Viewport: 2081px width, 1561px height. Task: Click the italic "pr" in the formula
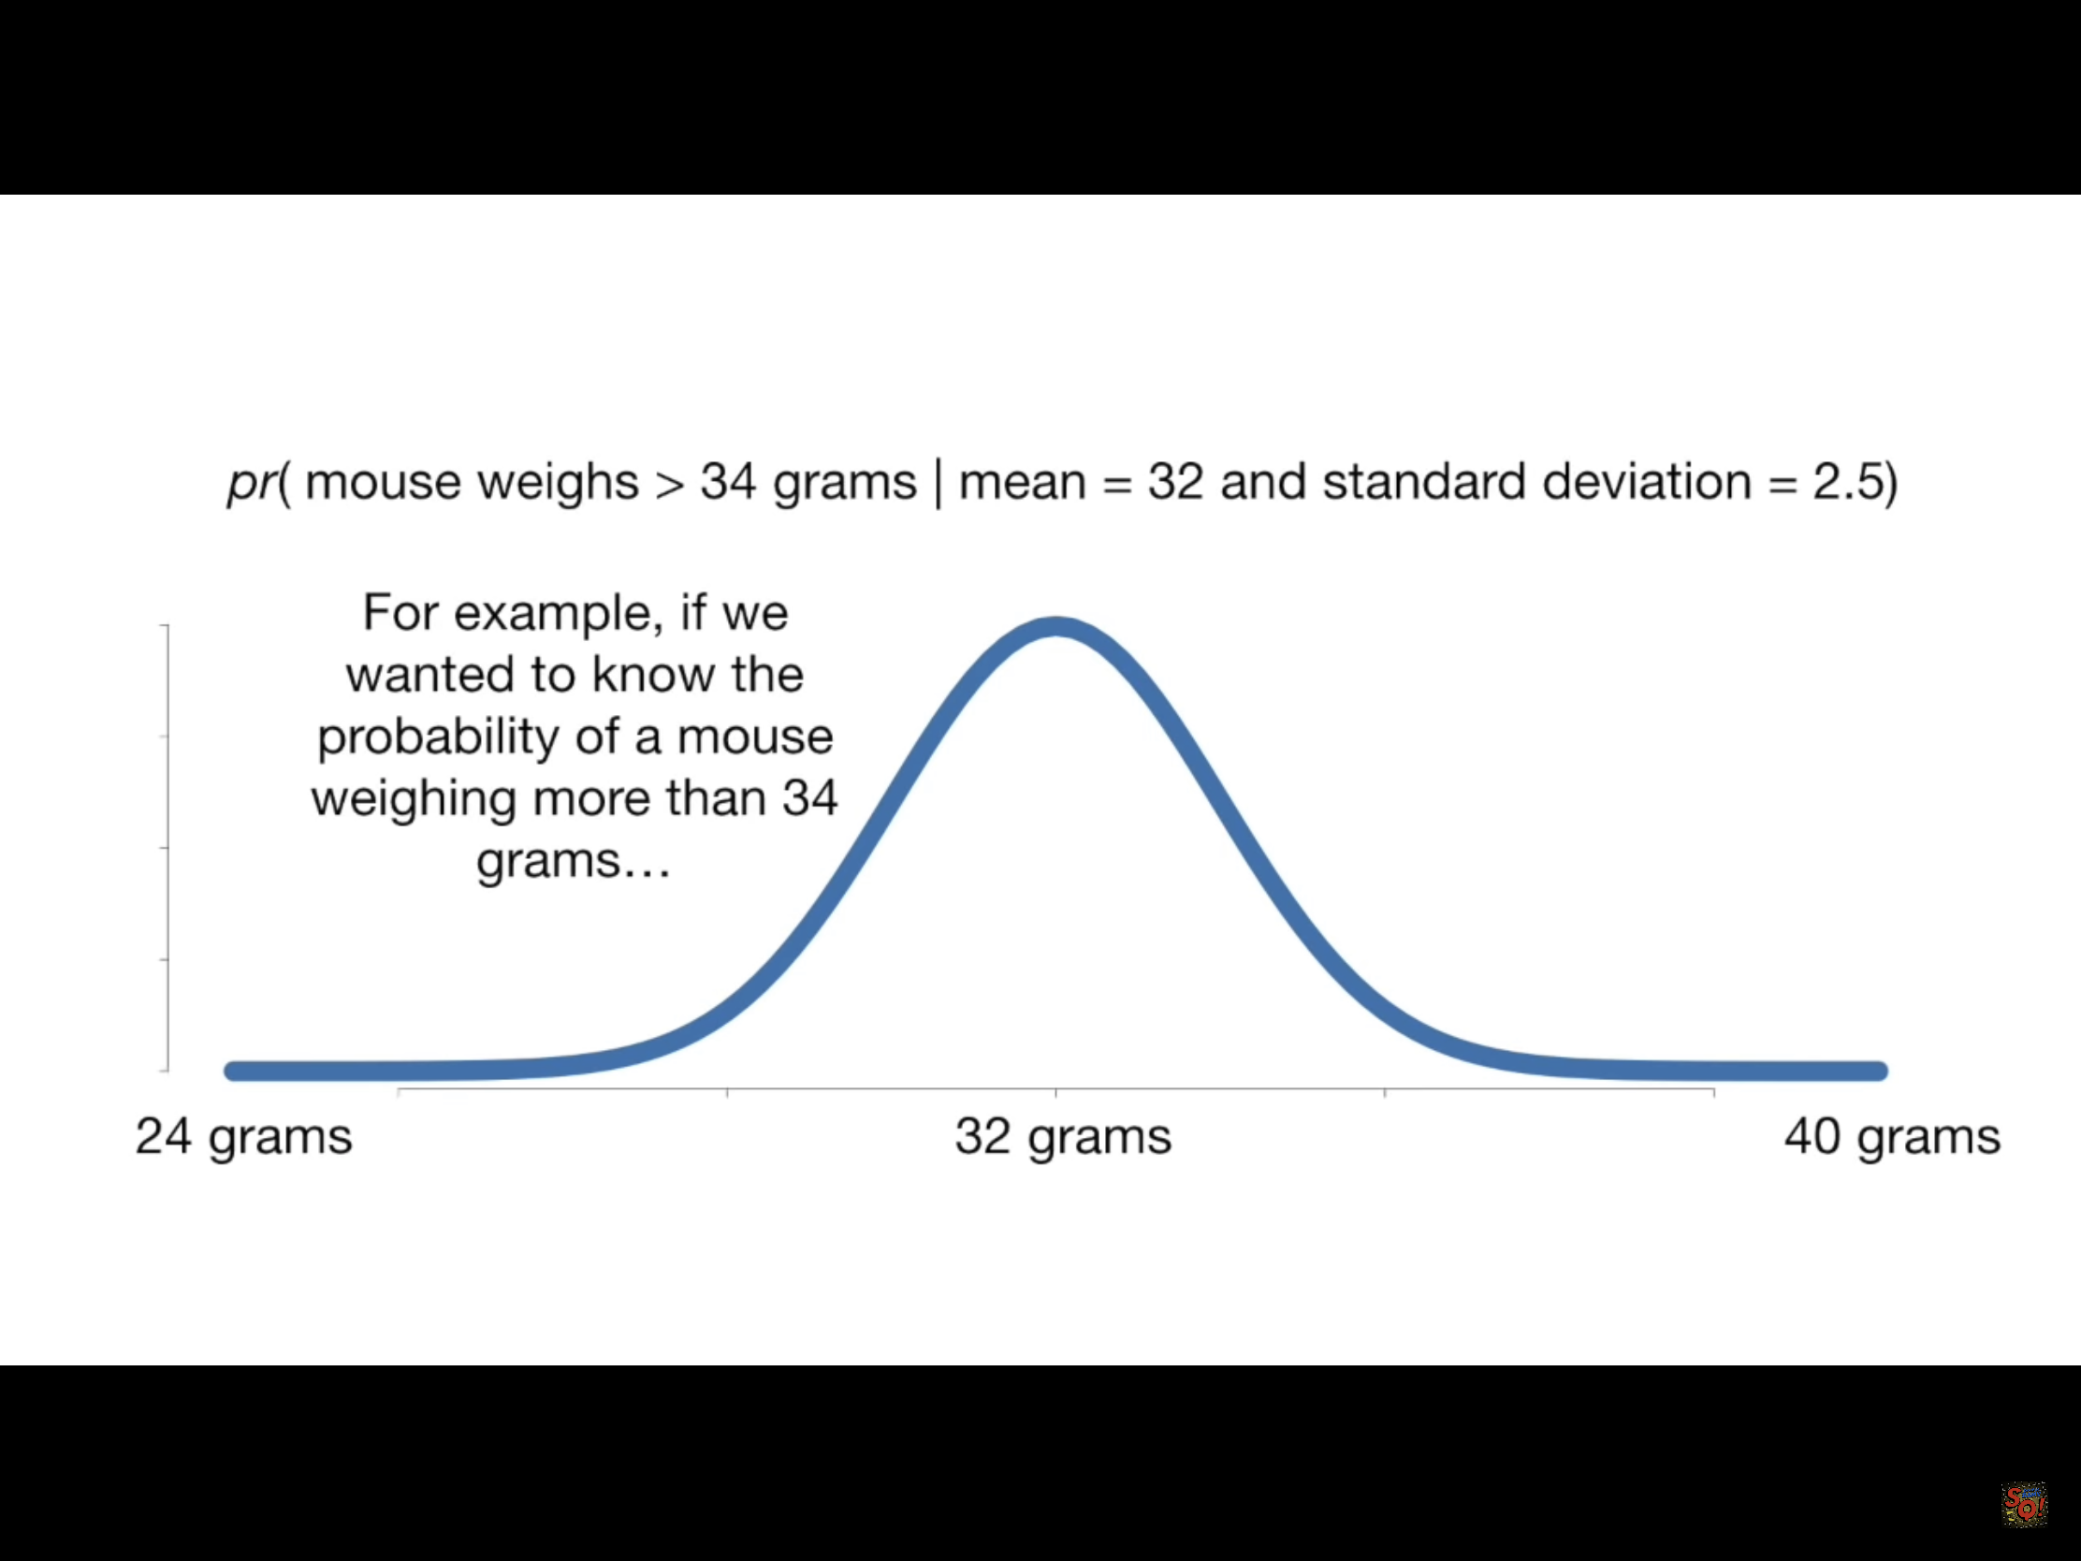click(x=252, y=484)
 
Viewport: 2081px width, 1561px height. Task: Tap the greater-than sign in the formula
click(x=669, y=484)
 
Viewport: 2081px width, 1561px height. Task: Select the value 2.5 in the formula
click(x=1847, y=482)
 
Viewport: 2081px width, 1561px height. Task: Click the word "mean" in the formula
click(x=1022, y=484)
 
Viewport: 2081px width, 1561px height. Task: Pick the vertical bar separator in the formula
click(x=937, y=484)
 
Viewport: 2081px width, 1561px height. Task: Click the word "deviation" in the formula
click(x=1644, y=482)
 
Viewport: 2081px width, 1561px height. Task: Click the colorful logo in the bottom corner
click(x=2024, y=1505)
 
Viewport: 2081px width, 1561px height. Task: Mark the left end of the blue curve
click(x=231, y=1071)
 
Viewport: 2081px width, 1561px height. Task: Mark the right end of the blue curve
click(x=1880, y=1071)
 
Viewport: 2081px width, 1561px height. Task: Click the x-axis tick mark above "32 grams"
click(x=1055, y=1092)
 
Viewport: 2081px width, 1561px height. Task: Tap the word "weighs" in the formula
click(x=558, y=484)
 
